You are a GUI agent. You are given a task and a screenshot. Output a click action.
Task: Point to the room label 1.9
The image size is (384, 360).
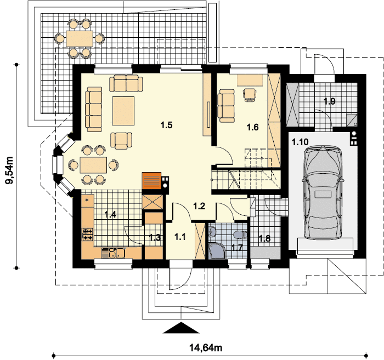point(329,101)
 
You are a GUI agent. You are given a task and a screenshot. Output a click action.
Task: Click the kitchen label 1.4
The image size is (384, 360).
point(110,214)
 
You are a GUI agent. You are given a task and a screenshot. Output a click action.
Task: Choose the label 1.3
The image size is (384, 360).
point(155,237)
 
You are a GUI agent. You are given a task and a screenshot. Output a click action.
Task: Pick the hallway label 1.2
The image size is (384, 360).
point(199,206)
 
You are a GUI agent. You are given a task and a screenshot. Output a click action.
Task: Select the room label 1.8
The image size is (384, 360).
point(264,238)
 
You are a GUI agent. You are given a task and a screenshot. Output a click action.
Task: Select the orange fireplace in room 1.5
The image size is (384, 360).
point(151,180)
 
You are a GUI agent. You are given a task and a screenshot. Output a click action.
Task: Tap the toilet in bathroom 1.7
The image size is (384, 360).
point(238,235)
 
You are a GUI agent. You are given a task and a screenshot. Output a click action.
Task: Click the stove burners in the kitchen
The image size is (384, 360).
point(87,235)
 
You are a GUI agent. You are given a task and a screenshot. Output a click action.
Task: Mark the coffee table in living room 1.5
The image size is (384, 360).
point(124,110)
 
